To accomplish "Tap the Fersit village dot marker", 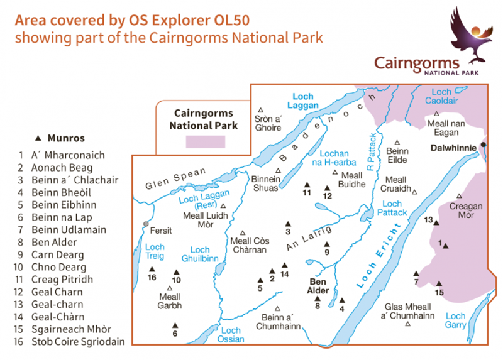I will click(146, 224).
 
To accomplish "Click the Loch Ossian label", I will click(231, 335).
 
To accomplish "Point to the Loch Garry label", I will click(456, 320).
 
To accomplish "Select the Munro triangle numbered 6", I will click(175, 325).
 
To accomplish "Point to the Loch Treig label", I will click(155, 251).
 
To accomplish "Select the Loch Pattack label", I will click(392, 209).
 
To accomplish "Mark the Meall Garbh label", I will click(170, 302).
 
